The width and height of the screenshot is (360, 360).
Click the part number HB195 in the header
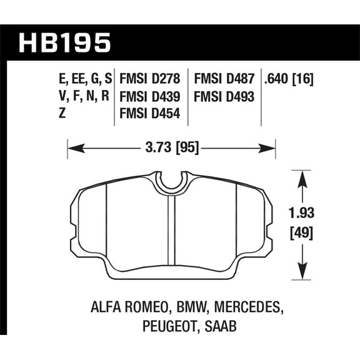pyautogui.click(x=65, y=42)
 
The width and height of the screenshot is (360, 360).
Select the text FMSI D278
pyautogui.click(x=149, y=80)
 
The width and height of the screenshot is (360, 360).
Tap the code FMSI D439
pyautogui.click(x=149, y=97)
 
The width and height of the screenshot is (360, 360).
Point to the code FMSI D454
pyautogui.click(x=149, y=114)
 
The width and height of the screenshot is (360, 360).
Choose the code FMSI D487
pyautogui.click(x=224, y=80)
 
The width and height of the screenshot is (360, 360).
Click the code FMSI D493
pyautogui.click(x=224, y=97)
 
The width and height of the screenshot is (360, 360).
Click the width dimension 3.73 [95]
pyautogui.click(x=172, y=149)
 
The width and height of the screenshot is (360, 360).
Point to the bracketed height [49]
pyautogui.click(x=302, y=234)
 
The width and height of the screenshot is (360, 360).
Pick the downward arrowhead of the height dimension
pyautogui.click(x=302, y=273)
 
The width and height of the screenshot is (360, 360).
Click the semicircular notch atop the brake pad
pyautogui.click(x=172, y=182)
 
